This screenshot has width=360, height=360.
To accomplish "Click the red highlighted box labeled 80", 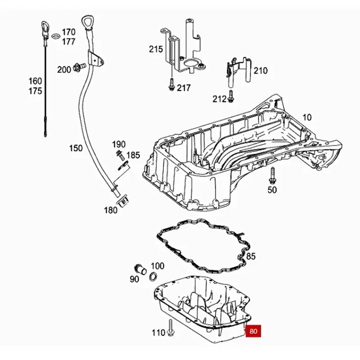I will click(x=253, y=332).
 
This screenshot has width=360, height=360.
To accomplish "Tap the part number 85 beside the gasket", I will click(x=251, y=256).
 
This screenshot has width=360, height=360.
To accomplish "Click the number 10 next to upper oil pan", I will click(x=306, y=117).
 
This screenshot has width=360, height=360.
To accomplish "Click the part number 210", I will click(x=260, y=71).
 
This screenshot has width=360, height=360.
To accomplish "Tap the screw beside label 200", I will click(x=80, y=67).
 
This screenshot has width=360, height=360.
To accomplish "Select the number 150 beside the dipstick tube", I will click(x=76, y=148).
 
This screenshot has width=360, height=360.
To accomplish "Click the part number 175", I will click(x=35, y=91).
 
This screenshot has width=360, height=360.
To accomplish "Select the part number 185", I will click(x=133, y=155).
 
